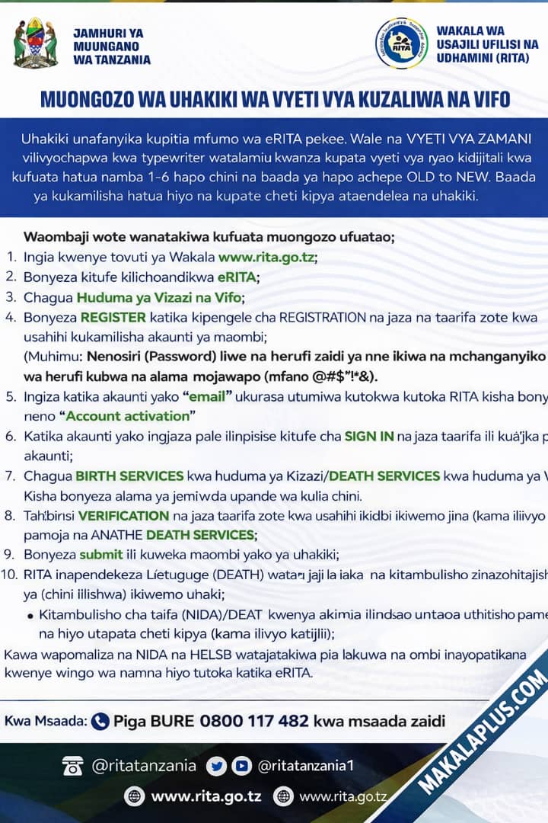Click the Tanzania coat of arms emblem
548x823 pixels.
pyautogui.click(x=36, y=43)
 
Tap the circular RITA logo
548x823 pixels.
pyautogui.click(x=401, y=43)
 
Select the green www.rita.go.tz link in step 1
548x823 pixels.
pyautogui.click(x=266, y=258)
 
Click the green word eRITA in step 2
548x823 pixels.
pyautogui.click(x=237, y=277)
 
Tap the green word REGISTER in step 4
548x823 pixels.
pyautogui.click(x=113, y=317)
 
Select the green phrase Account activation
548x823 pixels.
pyautogui.click(x=127, y=416)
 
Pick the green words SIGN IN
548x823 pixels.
pyautogui.click(x=368, y=436)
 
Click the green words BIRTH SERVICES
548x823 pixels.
pyautogui.click(x=129, y=476)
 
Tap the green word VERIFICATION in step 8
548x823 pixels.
pyautogui.click(x=123, y=515)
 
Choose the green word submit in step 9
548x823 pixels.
pyautogui.click(x=100, y=555)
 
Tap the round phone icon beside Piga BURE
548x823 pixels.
pyautogui.click(x=100, y=721)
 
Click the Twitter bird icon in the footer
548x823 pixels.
pyautogui.click(x=216, y=766)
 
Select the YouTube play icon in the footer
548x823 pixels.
pyautogui.click(x=241, y=766)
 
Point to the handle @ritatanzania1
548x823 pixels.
pyautogui.click(x=305, y=766)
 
